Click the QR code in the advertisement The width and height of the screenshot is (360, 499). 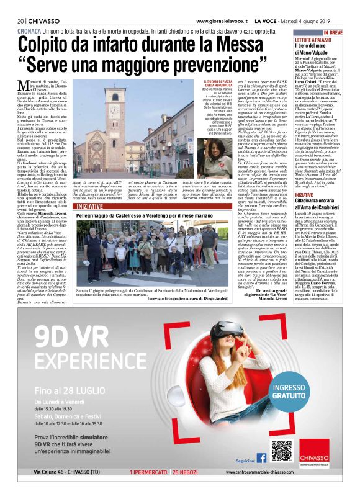coord(281,451)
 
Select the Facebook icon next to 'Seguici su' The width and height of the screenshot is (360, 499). coord(261,458)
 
